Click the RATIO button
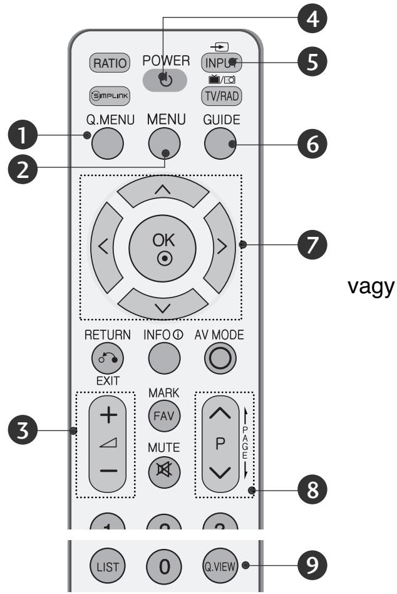click(x=110, y=63)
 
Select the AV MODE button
click(x=222, y=358)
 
